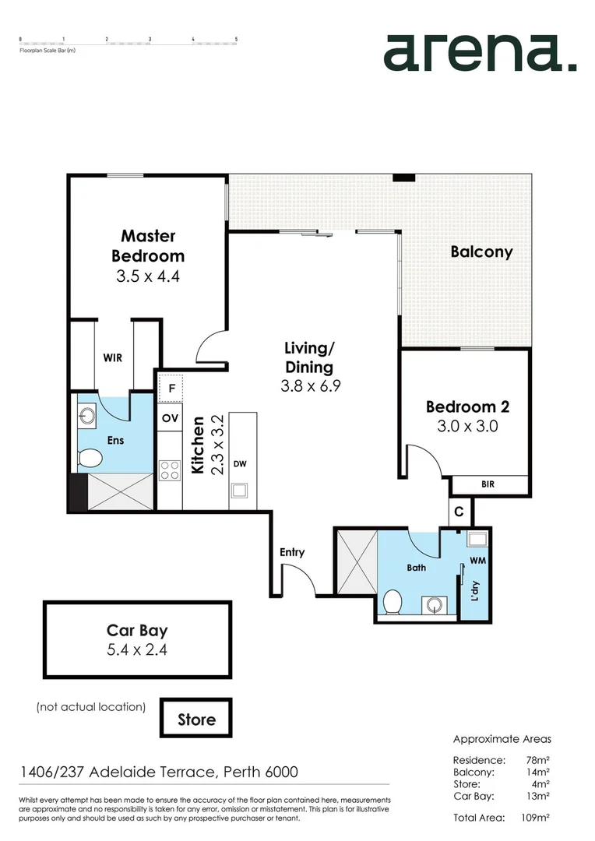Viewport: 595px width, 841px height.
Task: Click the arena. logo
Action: (x=480, y=52)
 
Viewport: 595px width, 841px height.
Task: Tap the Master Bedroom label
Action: (x=148, y=245)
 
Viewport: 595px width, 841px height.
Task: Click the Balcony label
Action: (x=481, y=252)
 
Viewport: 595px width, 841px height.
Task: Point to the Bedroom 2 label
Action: (x=461, y=406)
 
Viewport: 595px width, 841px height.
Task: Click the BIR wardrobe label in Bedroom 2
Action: (x=488, y=484)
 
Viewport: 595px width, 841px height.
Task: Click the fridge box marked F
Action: (x=170, y=387)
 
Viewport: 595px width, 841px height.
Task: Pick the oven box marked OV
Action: (x=170, y=417)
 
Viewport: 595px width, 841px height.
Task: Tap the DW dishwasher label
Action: (x=240, y=464)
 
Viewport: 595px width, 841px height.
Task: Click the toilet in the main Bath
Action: (x=393, y=601)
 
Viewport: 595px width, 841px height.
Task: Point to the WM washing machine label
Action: (x=477, y=560)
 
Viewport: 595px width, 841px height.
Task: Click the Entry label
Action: (x=292, y=552)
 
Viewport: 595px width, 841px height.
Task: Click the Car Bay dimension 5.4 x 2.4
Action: (x=137, y=649)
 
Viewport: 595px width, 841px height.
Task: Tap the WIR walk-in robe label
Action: (x=113, y=357)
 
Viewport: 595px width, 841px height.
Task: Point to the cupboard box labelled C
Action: (x=459, y=512)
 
